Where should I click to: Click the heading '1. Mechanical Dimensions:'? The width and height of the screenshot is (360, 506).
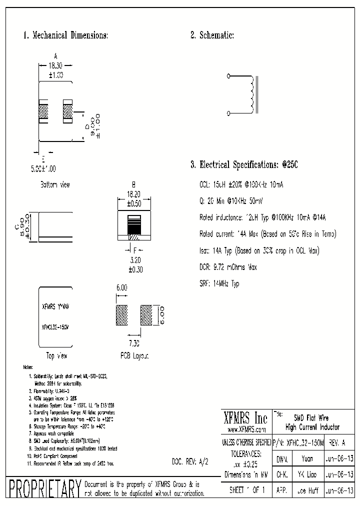(65, 35)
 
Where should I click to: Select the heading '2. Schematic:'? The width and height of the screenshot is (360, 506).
(212, 35)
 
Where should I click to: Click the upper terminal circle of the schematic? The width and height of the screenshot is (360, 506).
(229, 76)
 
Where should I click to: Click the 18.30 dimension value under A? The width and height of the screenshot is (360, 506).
(56, 65)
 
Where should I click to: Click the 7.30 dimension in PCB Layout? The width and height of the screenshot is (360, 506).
(133, 344)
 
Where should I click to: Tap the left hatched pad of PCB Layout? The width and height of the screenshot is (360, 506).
(122, 316)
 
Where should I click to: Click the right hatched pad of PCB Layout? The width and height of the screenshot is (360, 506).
(146, 316)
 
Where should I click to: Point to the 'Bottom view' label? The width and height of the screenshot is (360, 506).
(55, 184)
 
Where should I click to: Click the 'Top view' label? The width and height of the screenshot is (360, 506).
(56, 356)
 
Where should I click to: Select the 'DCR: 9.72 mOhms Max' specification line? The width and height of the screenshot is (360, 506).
(228, 267)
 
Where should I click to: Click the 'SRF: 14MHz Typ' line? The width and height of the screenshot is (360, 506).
(219, 284)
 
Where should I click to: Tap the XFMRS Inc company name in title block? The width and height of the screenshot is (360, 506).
(246, 418)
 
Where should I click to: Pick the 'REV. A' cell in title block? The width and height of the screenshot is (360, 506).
(336, 443)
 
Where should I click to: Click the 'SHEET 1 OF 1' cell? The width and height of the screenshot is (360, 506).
(246, 490)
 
